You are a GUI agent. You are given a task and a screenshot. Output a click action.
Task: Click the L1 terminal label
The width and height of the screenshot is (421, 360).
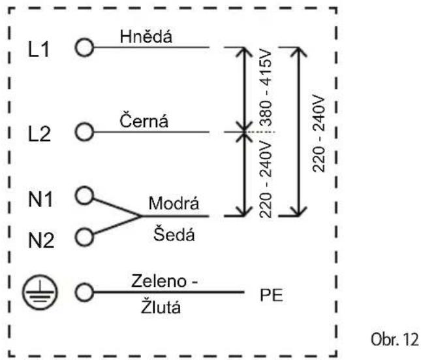pyautogui.click(x=39, y=49)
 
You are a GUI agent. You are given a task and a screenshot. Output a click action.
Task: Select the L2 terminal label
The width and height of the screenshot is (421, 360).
pyautogui.click(x=39, y=134)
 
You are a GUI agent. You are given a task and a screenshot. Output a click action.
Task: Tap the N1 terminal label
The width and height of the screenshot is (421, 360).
pyautogui.click(x=40, y=199)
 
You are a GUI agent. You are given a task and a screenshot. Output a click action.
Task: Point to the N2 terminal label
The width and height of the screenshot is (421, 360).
pyautogui.click(x=41, y=240)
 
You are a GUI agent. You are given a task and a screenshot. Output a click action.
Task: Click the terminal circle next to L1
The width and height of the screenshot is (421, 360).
pyautogui.click(x=84, y=47)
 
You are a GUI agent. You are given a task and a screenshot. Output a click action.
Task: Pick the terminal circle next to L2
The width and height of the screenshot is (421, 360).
pyautogui.click(x=84, y=132)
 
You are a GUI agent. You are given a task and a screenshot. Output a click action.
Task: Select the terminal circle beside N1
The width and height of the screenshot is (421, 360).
pyautogui.click(x=84, y=195)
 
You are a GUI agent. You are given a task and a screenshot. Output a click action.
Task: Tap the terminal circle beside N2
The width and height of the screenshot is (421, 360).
pyautogui.click(x=84, y=237)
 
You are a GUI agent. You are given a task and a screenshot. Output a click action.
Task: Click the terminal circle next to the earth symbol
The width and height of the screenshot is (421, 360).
pyautogui.click(x=84, y=292)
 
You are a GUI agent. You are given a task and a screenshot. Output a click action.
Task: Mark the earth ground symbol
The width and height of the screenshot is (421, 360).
pyautogui.click(x=40, y=292)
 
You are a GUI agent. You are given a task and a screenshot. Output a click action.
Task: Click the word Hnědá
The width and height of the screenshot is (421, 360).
pyautogui.click(x=146, y=36)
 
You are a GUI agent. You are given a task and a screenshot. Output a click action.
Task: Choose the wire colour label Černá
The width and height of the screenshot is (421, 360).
pyautogui.click(x=144, y=120)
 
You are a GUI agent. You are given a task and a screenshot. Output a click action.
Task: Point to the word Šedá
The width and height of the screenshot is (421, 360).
pyautogui.click(x=174, y=234)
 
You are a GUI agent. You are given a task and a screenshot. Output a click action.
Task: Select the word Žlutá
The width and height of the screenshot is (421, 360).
pyautogui.click(x=161, y=306)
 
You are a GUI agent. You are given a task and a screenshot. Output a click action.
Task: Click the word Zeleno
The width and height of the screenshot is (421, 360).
pyautogui.click(x=159, y=281)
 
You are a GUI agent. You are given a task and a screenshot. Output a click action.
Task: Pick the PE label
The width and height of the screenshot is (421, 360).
pyautogui.click(x=272, y=295)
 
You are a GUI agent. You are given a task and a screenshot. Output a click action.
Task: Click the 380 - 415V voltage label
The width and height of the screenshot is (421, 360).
pyautogui.click(x=266, y=88)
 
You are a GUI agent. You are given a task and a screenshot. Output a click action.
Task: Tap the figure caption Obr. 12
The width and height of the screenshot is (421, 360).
pyautogui.click(x=394, y=339)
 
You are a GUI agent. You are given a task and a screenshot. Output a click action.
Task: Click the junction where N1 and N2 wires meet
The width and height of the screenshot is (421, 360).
pyautogui.click(x=140, y=216)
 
